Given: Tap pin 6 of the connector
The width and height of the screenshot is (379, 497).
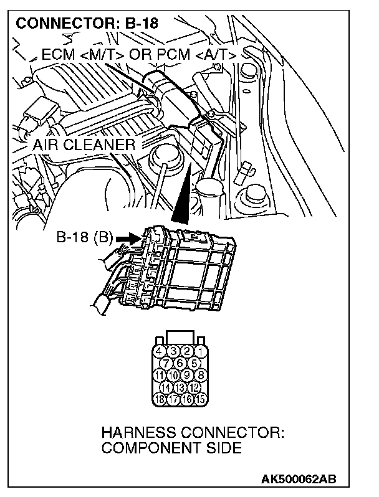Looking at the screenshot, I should (180, 363).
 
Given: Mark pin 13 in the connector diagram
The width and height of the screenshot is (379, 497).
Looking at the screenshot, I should (180, 387).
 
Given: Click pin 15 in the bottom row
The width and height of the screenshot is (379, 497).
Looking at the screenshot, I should (201, 399).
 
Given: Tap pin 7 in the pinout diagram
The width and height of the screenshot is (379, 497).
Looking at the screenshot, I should (166, 363).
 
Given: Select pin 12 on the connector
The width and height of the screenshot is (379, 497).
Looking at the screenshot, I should (194, 387).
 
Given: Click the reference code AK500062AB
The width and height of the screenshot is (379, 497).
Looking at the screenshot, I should (299, 479).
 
